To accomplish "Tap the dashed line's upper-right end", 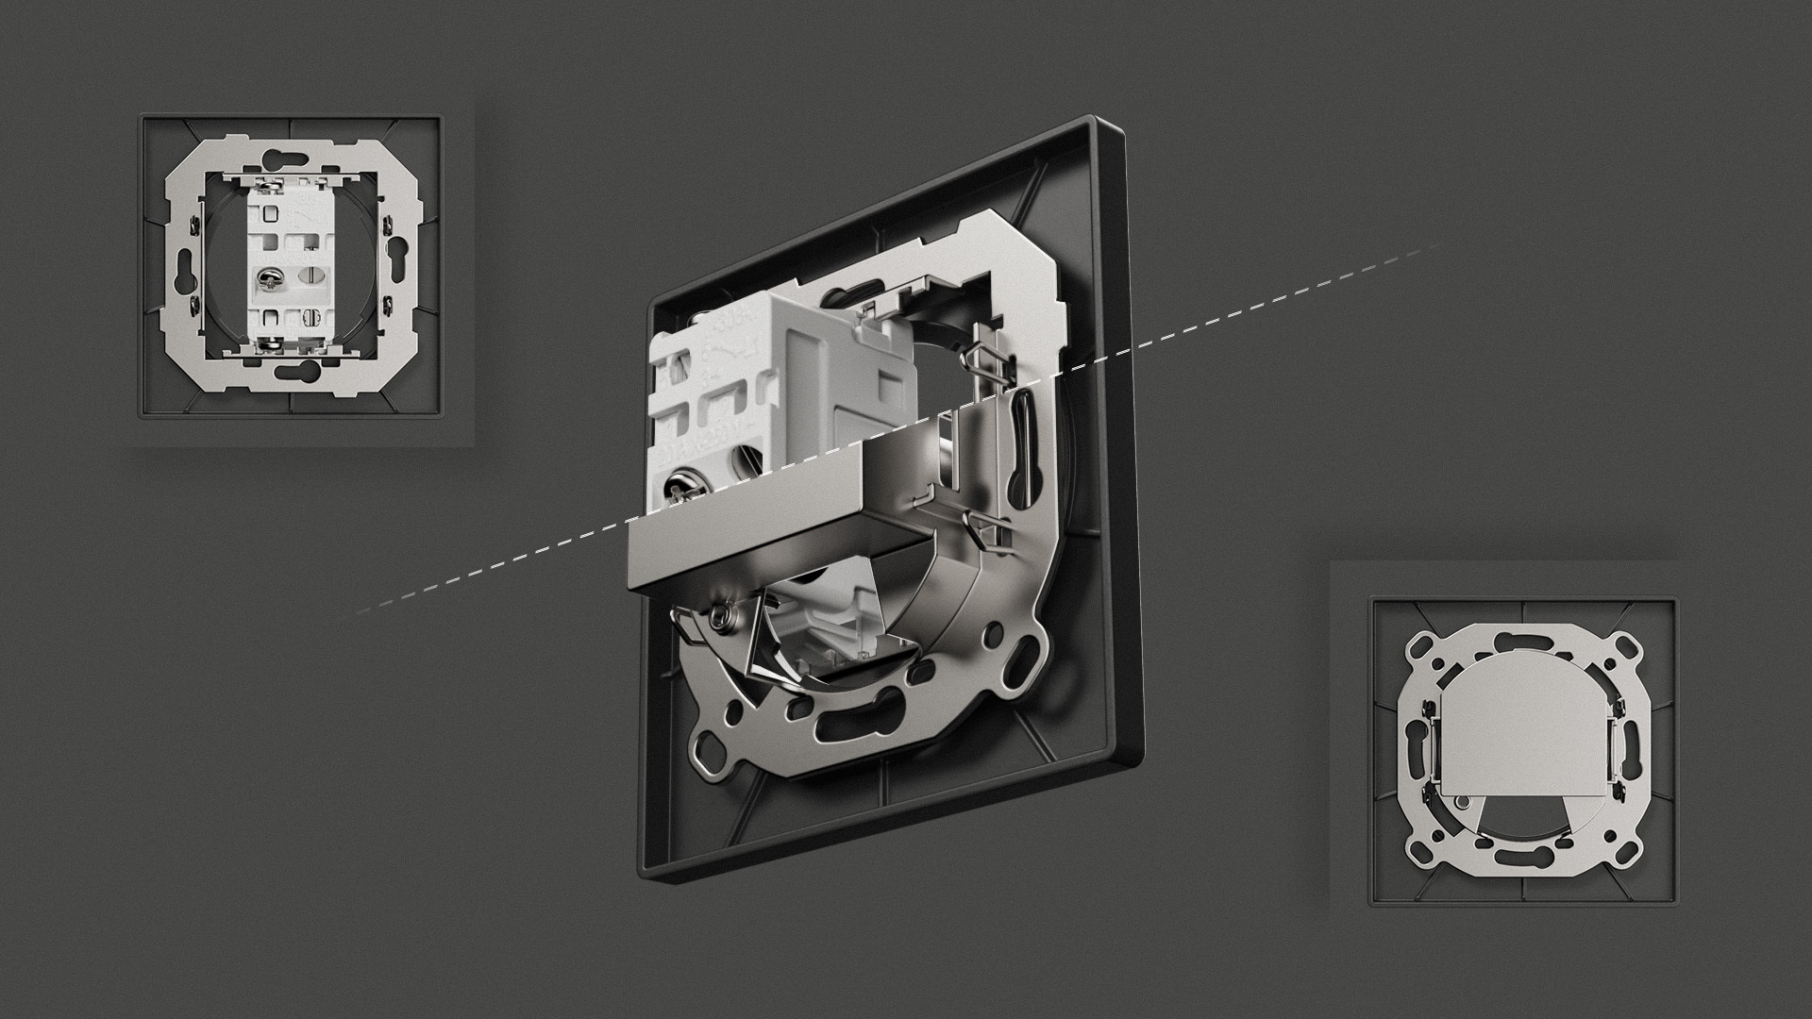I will pyautogui.click(x=1439, y=246).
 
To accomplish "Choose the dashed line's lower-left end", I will pyautogui.click(x=359, y=612).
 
